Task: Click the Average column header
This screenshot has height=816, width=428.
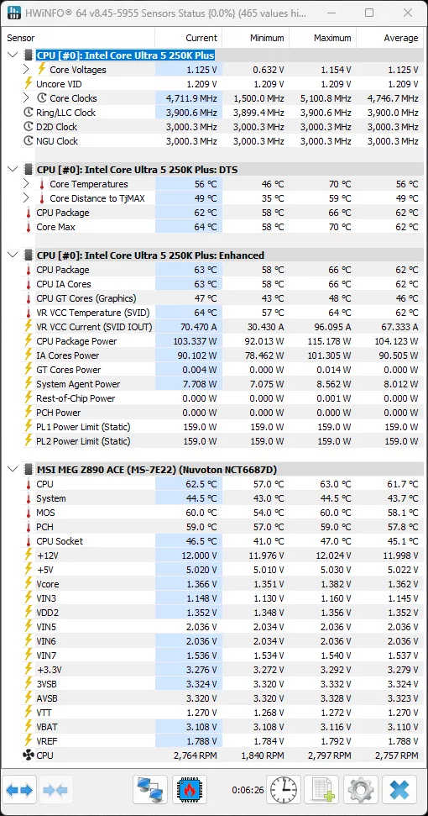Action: (x=400, y=38)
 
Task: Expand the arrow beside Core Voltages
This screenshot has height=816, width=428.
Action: (x=27, y=70)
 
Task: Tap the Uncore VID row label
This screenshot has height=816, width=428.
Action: (x=59, y=84)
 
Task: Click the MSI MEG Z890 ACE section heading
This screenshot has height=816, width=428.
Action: (x=156, y=470)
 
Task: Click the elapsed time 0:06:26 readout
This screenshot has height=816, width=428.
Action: (x=248, y=790)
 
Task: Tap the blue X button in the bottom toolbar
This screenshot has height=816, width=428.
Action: (x=399, y=790)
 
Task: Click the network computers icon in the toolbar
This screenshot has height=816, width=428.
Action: (x=150, y=790)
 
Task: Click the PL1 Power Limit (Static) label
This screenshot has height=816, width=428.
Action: (x=83, y=427)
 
